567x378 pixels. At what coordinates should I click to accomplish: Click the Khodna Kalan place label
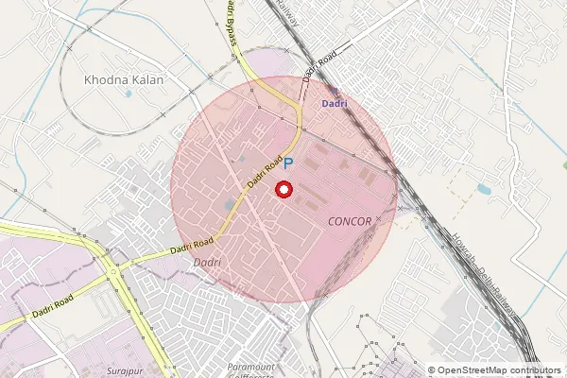124,80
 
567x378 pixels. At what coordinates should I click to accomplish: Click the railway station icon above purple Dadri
333,91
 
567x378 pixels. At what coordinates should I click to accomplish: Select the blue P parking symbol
289,163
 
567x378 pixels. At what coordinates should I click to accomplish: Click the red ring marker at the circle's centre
283,190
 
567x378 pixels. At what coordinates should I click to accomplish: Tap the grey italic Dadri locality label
206,262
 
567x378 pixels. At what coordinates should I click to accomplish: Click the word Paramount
251,366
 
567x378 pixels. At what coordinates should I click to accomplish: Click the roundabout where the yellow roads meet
113,272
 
